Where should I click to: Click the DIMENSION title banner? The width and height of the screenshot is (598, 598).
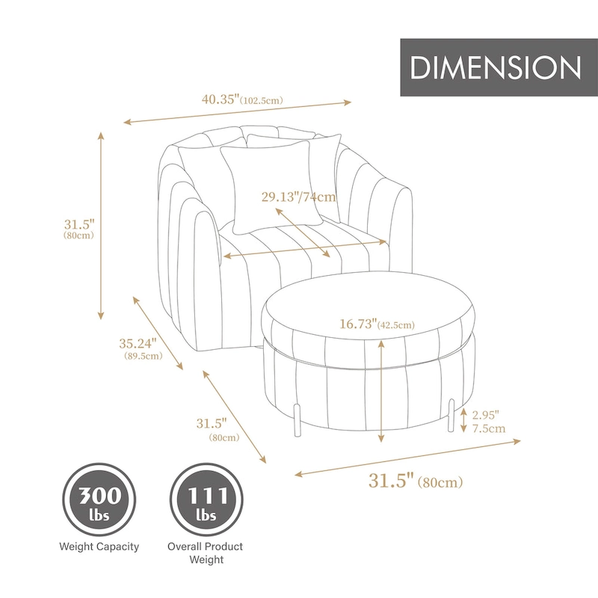click(x=496, y=68)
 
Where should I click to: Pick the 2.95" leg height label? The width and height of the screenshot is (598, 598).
click(x=485, y=414)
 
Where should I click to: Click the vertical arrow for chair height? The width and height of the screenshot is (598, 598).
click(x=101, y=225)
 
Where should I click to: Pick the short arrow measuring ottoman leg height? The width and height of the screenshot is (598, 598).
click(x=464, y=421)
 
